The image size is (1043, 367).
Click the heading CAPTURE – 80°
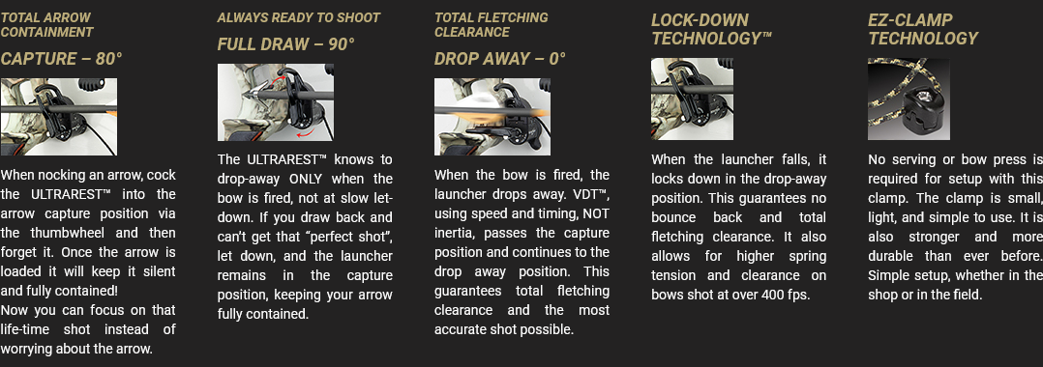click(x=61, y=58)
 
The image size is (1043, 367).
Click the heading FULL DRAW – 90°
click(x=286, y=43)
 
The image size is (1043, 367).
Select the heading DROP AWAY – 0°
click(x=500, y=58)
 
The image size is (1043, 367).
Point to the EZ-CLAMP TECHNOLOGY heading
click(x=923, y=29)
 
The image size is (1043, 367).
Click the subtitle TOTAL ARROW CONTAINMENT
click(x=46, y=24)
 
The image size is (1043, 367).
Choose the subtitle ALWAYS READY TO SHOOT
click(x=299, y=18)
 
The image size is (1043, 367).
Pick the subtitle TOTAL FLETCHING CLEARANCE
click(x=492, y=24)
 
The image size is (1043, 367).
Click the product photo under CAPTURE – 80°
click(x=58, y=117)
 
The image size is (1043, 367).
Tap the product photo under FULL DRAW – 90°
click(x=276, y=102)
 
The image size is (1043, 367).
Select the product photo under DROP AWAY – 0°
click(x=492, y=117)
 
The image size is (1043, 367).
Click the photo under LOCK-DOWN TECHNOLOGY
click(x=693, y=99)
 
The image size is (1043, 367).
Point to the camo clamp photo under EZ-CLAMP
click(x=909, y=99)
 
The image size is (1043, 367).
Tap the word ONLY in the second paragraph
click(x=305, y=180)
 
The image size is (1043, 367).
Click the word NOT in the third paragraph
click(x=597, y=213)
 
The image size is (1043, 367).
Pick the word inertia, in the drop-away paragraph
click(x=455, y=233)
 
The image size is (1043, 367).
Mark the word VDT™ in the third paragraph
click(x=594, y=194)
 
